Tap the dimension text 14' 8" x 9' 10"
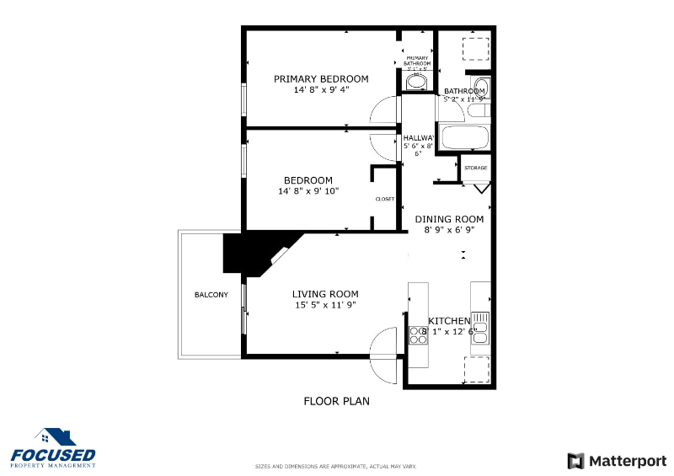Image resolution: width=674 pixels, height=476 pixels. coord(308,191)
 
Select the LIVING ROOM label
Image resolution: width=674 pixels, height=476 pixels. coord(324,294)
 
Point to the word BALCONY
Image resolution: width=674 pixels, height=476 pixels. coord(211,295)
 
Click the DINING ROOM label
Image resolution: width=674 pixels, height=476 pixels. coord(450,218)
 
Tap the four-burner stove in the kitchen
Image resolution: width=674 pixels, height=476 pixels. coord(418,334)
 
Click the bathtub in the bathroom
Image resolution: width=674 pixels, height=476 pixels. coord(465,137)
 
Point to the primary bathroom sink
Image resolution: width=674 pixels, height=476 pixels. coord(418,80)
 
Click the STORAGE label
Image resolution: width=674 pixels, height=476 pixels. coord(475,168)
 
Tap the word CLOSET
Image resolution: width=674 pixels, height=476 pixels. coord(384,199)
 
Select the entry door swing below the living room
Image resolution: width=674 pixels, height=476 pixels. coord(383,343)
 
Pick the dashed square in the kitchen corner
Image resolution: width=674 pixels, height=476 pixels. coord(477,369)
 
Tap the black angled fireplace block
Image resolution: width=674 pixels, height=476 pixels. coord(249,253)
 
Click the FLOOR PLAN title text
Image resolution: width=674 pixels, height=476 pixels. coord(336,401)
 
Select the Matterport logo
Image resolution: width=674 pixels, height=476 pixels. coord(617,461)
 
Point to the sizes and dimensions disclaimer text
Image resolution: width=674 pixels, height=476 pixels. coord(335,466)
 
